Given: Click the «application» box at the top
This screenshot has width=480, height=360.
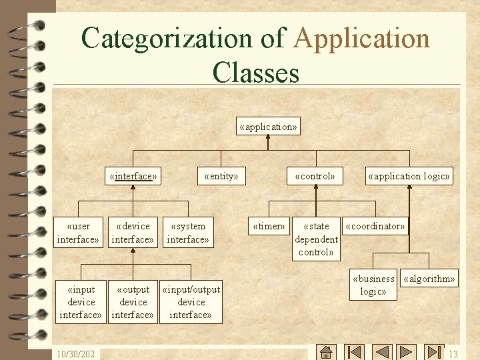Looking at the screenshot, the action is coord(268,126).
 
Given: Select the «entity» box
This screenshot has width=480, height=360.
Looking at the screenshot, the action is coord(221,176).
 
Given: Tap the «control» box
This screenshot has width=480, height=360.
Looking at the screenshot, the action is coord(315,176).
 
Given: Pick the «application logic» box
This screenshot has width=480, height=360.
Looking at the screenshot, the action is coord(409,176).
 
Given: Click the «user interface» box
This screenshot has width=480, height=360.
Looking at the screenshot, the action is coord(78,233).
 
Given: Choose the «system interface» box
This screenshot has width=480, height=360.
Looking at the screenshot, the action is coord(188,233).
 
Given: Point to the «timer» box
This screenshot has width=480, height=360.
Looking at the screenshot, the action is coord(269,226).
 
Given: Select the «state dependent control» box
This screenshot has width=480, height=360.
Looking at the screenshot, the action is coord(316,239).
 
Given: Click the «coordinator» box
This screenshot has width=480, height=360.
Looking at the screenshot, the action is coord(375,226).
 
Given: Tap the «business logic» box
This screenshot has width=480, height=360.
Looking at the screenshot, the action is coord(373,285).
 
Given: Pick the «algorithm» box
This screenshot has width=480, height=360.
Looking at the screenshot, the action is coord(429,278).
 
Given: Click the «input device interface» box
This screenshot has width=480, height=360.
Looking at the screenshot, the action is coord(81,302).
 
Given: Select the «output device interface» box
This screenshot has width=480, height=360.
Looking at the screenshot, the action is coord(133,302).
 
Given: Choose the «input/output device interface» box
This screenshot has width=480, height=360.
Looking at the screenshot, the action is coord(191,302).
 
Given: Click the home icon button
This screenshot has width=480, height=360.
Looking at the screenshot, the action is coord(326,352).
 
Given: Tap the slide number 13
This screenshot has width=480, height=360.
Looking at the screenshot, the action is coord(453,354).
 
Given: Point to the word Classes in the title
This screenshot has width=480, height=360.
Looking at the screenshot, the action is coord(255,73).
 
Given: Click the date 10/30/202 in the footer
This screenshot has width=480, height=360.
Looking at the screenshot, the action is coord(75,354).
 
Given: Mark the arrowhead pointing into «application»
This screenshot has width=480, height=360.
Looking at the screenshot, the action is coord(268,137).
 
